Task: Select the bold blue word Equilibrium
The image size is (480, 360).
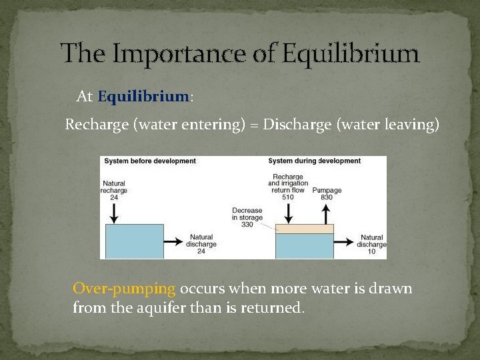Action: coord(143,97)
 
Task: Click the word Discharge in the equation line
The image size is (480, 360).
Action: coord(294,125)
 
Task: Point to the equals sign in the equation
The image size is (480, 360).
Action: coord(254,125)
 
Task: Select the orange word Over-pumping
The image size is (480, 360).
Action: coord(124,289)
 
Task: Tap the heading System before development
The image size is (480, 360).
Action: coord(149,161)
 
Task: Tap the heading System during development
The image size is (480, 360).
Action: coord(314,161)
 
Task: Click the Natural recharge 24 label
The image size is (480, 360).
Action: coord(114,191)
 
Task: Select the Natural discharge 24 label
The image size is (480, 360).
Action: coord(201,244)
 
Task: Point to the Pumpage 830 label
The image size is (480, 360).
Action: coord(327,194)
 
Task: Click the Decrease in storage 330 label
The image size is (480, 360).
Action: coord(247,217)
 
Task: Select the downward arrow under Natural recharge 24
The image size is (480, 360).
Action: coord(115,211)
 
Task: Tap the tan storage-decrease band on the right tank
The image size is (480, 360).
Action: coord(305,229)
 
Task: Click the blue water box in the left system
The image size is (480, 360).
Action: coord(134,241)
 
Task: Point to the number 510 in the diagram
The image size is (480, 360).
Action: coord(287,197)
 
